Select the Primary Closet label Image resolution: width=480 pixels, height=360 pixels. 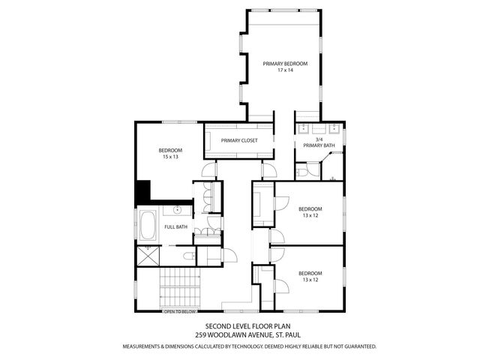point(239,140)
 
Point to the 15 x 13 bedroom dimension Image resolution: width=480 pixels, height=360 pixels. point(170,157)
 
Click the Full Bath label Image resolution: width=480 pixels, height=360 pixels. point(176,226)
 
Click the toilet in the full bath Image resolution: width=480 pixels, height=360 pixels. point(188,256)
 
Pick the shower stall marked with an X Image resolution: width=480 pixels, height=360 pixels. point(148,258)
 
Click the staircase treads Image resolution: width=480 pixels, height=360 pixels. point(180,289)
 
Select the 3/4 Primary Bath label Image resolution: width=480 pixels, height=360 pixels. point(318,142)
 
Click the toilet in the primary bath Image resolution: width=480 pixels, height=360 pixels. point(302,172)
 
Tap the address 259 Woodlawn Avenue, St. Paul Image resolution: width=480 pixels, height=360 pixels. point(242,334)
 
